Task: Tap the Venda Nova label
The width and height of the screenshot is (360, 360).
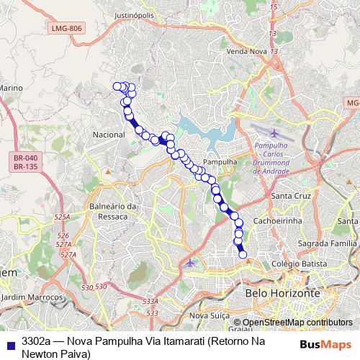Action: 246,52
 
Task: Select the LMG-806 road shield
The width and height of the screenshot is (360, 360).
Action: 67,27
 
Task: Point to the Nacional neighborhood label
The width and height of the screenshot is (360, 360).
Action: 109,135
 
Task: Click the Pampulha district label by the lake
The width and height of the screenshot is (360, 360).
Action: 220,162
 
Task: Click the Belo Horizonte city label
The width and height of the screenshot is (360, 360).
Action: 282,294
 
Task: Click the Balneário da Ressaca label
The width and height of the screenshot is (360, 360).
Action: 113,210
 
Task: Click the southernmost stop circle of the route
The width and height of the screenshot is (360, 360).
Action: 243,253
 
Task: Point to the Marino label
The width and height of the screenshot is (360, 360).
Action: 12,88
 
